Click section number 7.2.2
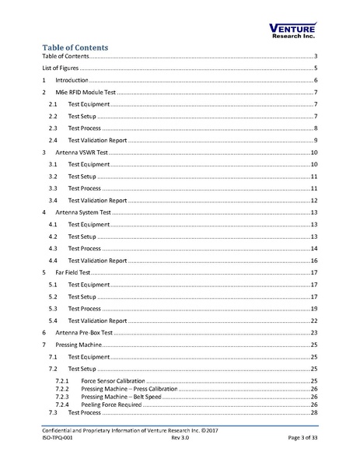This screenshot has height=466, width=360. pyautogui.click(x=63, y=388)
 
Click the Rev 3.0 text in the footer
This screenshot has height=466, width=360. pyautogui.click(x=180, y=439)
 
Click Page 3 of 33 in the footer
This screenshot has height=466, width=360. pyautogui.click(x=299, y=439)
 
